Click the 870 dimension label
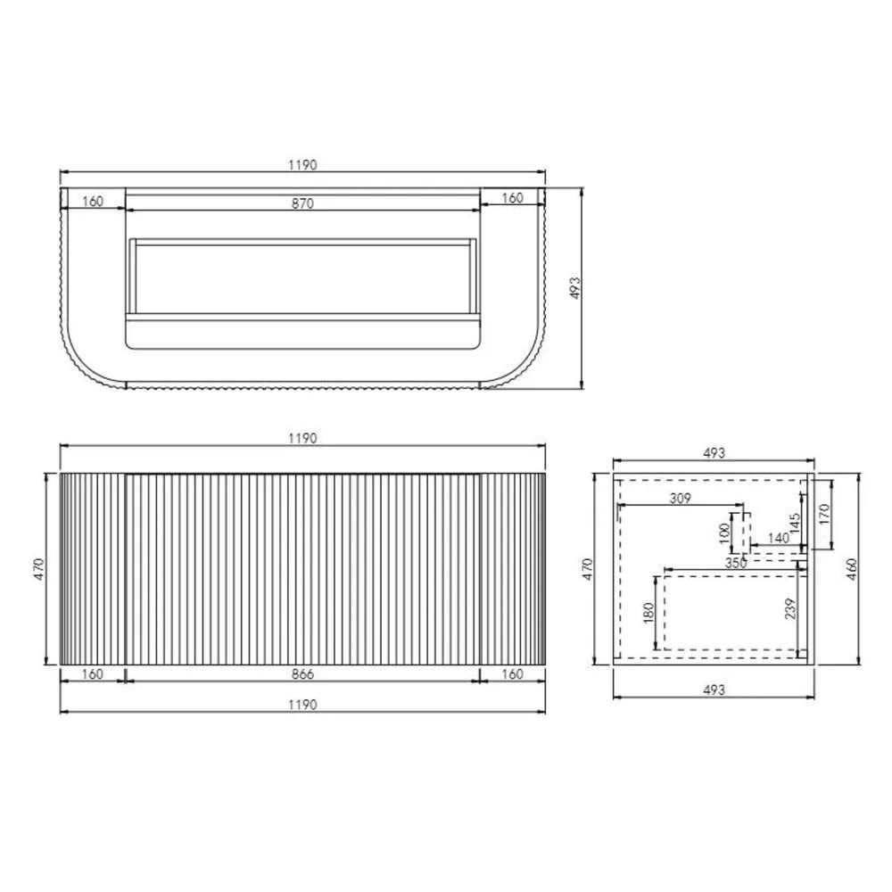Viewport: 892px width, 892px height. (302, 203)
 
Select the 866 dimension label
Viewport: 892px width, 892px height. (302, 674)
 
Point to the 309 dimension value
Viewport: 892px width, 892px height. (681, 499)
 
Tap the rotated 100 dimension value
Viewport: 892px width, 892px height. (724, 533)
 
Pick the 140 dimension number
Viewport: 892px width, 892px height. (778, 538)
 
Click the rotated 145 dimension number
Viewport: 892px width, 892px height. (795, 523)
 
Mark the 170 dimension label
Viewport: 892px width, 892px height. (825, 514)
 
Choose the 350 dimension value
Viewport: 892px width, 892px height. (736, 563)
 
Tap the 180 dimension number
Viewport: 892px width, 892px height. (648, 613)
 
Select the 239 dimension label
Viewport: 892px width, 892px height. (790, 609)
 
